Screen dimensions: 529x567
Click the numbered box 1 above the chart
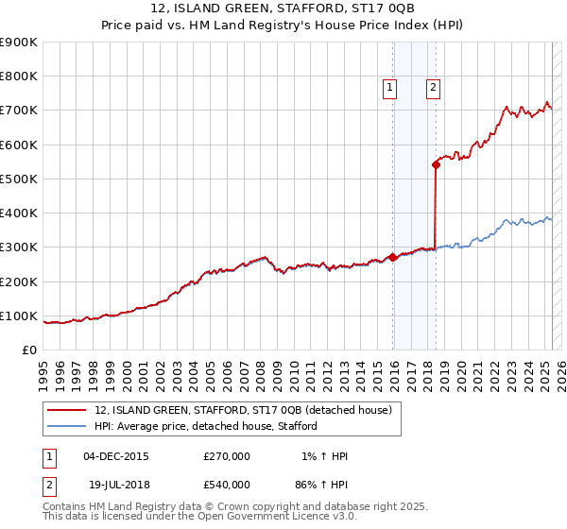coord(389,88)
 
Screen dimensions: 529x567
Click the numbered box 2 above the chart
coord(433,88)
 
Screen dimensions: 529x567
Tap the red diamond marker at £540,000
coord(436,164)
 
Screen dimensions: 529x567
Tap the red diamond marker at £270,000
coord(392,257)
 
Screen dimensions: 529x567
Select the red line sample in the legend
coord(67,410)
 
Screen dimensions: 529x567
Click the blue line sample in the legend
coord(67,426)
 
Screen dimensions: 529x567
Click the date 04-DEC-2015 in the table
coord(116,456)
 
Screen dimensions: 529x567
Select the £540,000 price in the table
coord(227,485)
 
